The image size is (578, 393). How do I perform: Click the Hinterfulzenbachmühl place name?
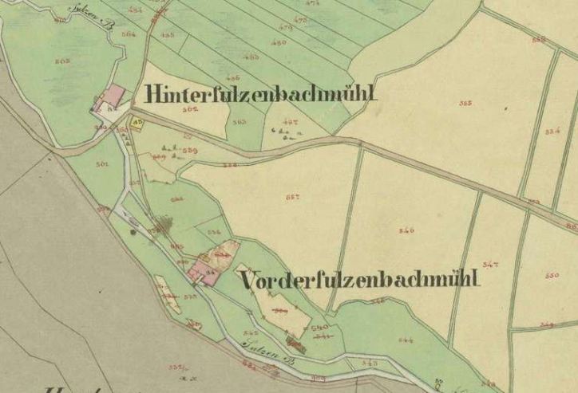coord(260,93)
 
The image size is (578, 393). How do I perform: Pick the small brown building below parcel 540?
coord(295,344)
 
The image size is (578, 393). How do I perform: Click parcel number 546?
coord(406,230)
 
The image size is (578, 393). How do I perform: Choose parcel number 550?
coord(552,274)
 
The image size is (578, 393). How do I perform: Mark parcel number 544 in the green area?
coord(406,340)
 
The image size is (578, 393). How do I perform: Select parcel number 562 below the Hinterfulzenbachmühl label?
coord(190,111)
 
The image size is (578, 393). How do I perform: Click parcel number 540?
coord(319,327)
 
